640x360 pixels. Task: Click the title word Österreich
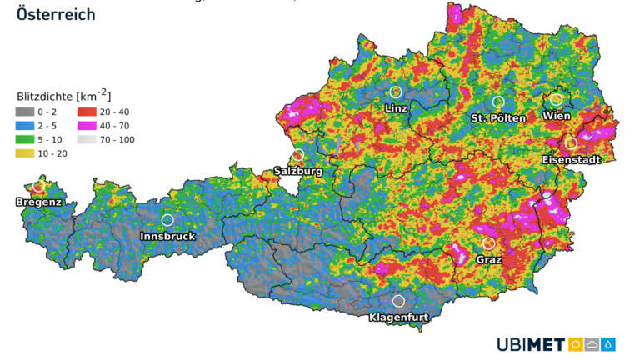(56, 14)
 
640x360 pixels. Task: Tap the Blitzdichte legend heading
(63, 95)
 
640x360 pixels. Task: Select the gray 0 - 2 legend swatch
(27, 112)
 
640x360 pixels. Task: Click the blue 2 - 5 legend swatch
(27, 126)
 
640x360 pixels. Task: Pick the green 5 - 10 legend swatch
(27, 140)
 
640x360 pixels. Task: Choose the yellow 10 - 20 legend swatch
(27, 154)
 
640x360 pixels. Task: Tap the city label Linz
(397, 108)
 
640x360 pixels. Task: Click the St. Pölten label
(498, 117)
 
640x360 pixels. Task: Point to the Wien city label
(557, 116)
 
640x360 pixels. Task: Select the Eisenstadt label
(571, 159)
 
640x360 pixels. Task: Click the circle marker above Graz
(489, 243)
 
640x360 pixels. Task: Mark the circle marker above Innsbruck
(167, 220)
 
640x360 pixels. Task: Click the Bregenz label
(38, 202)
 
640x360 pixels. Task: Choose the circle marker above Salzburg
(298, 155)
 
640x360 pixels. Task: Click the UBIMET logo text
(531, 344)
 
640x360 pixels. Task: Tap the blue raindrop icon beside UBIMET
(610, 344)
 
